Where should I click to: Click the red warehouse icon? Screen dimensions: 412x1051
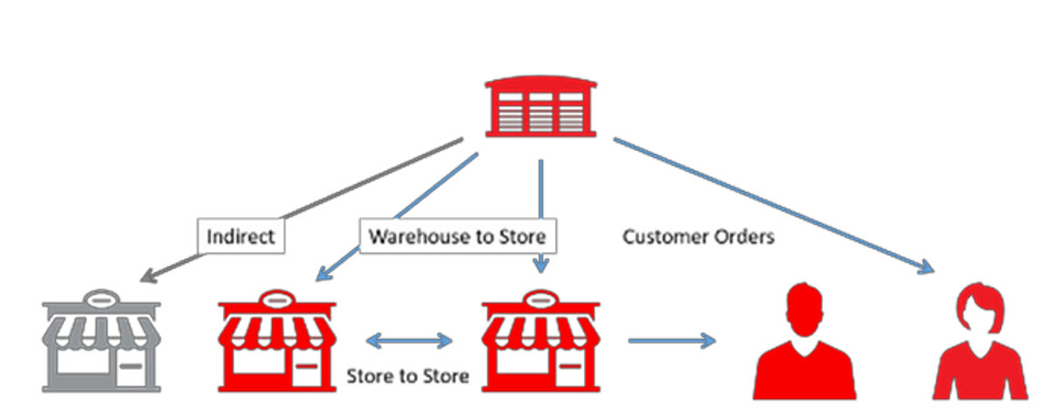pyautogui.click(x=541, y=106)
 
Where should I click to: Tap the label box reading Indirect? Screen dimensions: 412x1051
pyautogui.click(x=240, y=236)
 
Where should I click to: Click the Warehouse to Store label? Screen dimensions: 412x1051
pyautogui.click(x=458, y=236)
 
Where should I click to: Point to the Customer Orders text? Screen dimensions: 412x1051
pyautogui.click(x=698, y=236)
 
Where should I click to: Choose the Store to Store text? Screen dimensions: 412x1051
pyautogui.click(x=408, y=376)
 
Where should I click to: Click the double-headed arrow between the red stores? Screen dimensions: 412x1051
pyautogui.click(x=409, y=341)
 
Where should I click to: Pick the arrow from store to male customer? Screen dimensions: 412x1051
pyautogui.click(x=672, y=341)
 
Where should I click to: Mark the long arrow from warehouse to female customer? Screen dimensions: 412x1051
pyautogui.click(x=773, y=204)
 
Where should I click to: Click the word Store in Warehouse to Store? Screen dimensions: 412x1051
pyautogui.click(x=522, y=236)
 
